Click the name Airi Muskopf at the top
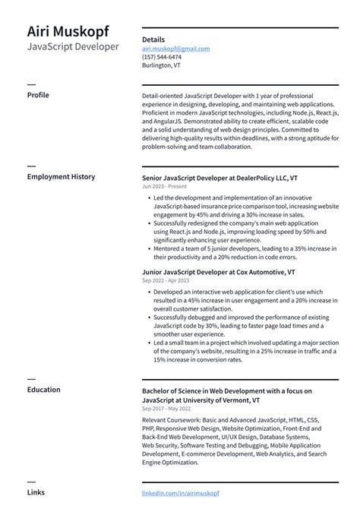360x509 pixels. (x=68, y=31)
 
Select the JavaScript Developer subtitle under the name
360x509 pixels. (x=73, y=47)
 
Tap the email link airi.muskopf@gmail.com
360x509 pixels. (x=175, y=49)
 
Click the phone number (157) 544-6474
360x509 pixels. (x=161, y=57)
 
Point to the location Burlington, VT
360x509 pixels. (x=161, y=65)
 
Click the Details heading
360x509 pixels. (x=153, y=40)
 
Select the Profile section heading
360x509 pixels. (x=38, y=95)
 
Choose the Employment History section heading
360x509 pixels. (x=61, y=177)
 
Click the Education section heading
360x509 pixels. (x=43, y=390)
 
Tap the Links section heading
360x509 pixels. (x=36, y=492)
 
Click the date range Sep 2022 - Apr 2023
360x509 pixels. (x=165, y=281)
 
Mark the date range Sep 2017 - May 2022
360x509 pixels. (x=166, y=409)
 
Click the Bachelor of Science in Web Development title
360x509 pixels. (x=226, y=390)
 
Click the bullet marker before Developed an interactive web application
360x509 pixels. (x=147, y=292)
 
